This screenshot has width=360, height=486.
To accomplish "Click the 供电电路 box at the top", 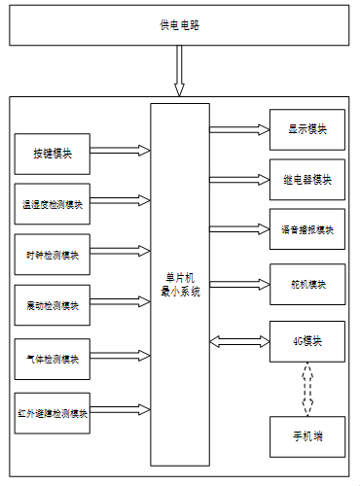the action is (179, 25).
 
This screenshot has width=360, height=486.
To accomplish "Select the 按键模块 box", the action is (53, 154).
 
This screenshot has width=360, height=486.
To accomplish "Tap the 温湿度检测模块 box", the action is (53, 204).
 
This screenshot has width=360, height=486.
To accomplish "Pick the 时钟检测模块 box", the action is (53, 255).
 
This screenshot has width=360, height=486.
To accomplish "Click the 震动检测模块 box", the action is (53, 305).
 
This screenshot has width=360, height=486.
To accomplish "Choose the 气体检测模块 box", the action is (53, 359).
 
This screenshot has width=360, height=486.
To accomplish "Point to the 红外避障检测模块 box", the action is (53, 413).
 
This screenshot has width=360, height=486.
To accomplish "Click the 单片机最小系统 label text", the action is (180, 285).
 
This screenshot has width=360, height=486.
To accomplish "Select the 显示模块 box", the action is (307, 129).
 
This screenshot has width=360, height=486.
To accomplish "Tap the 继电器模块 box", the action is (307, 180).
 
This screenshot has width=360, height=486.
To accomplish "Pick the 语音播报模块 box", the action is (307, 229).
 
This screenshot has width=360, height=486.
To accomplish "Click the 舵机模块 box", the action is (307, 284).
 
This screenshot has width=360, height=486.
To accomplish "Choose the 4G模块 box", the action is (307, 341).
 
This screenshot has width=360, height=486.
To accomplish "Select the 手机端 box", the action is (307, 436).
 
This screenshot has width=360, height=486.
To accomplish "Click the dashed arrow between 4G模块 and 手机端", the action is (307, 389).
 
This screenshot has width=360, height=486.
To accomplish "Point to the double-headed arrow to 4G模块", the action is (239, 341).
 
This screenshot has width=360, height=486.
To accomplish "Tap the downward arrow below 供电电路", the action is (179, 71).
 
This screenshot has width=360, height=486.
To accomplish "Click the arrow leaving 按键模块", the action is (121, 151).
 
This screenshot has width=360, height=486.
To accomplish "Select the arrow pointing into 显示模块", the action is (239, 129).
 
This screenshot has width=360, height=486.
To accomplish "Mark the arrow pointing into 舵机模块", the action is (239, 285).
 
